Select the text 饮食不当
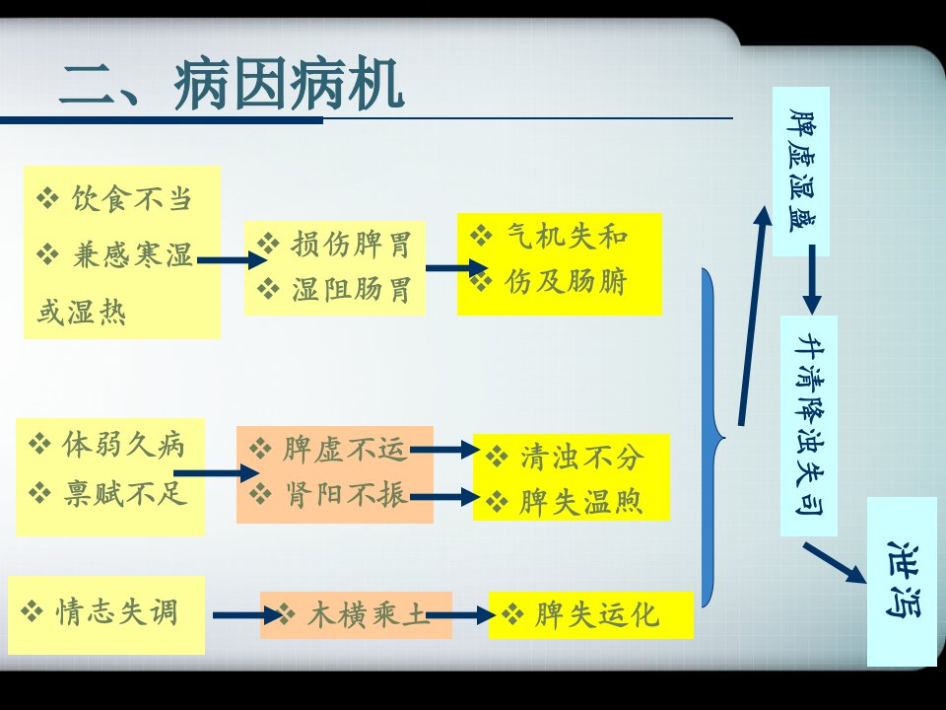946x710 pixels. [x=132, y=198]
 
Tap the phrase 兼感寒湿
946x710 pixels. [x=132, y=254]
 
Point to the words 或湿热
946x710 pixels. [x=82, y=313]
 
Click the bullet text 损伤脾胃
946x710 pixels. [x=351, y=245]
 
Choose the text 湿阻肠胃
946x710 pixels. [x=351, y=289]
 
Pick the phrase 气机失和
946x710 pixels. [x=568, y=236]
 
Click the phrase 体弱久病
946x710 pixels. [x=124, y=445]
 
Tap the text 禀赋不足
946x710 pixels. [x=125, y=493]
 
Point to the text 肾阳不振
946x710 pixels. [x=346, y=495]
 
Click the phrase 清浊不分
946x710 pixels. [x=581, y=457]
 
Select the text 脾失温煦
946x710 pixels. [x=580, y=502]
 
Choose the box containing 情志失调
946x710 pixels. [x=106, y=615]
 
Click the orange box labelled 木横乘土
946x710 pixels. [x=356, y=615]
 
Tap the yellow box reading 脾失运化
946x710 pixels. [x=591, y=615]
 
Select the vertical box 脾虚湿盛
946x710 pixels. [x=801, y=172]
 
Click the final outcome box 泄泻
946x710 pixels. [x=902, y=582]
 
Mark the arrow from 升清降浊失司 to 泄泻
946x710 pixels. [x=835, y=563]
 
